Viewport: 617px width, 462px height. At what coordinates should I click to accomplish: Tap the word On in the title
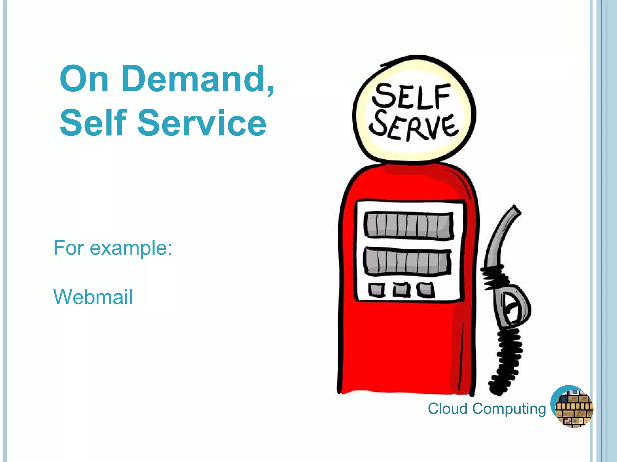pyautogui.click(x=84, y=79)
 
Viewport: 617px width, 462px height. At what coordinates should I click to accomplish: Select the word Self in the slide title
pyautogui.click(x=93, y=123)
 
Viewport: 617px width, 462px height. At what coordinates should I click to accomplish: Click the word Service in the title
pyautogui.click(x=202, y=123)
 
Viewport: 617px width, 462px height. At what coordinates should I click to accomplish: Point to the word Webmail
pyautogui.click(x=93, y=297)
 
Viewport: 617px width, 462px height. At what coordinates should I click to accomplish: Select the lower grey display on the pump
pyautogui.click(x=408, y=261)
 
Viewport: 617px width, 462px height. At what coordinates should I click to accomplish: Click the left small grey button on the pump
pyautogui.click(x=377, y=290)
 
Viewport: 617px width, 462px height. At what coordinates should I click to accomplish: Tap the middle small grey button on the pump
pyautogui.click(x=401, y=290)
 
